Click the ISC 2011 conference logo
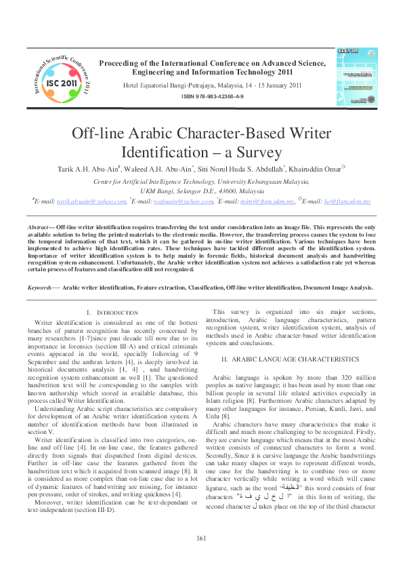pos(60,79)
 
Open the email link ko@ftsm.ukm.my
pos(349,201)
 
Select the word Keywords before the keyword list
pos(41,288)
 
